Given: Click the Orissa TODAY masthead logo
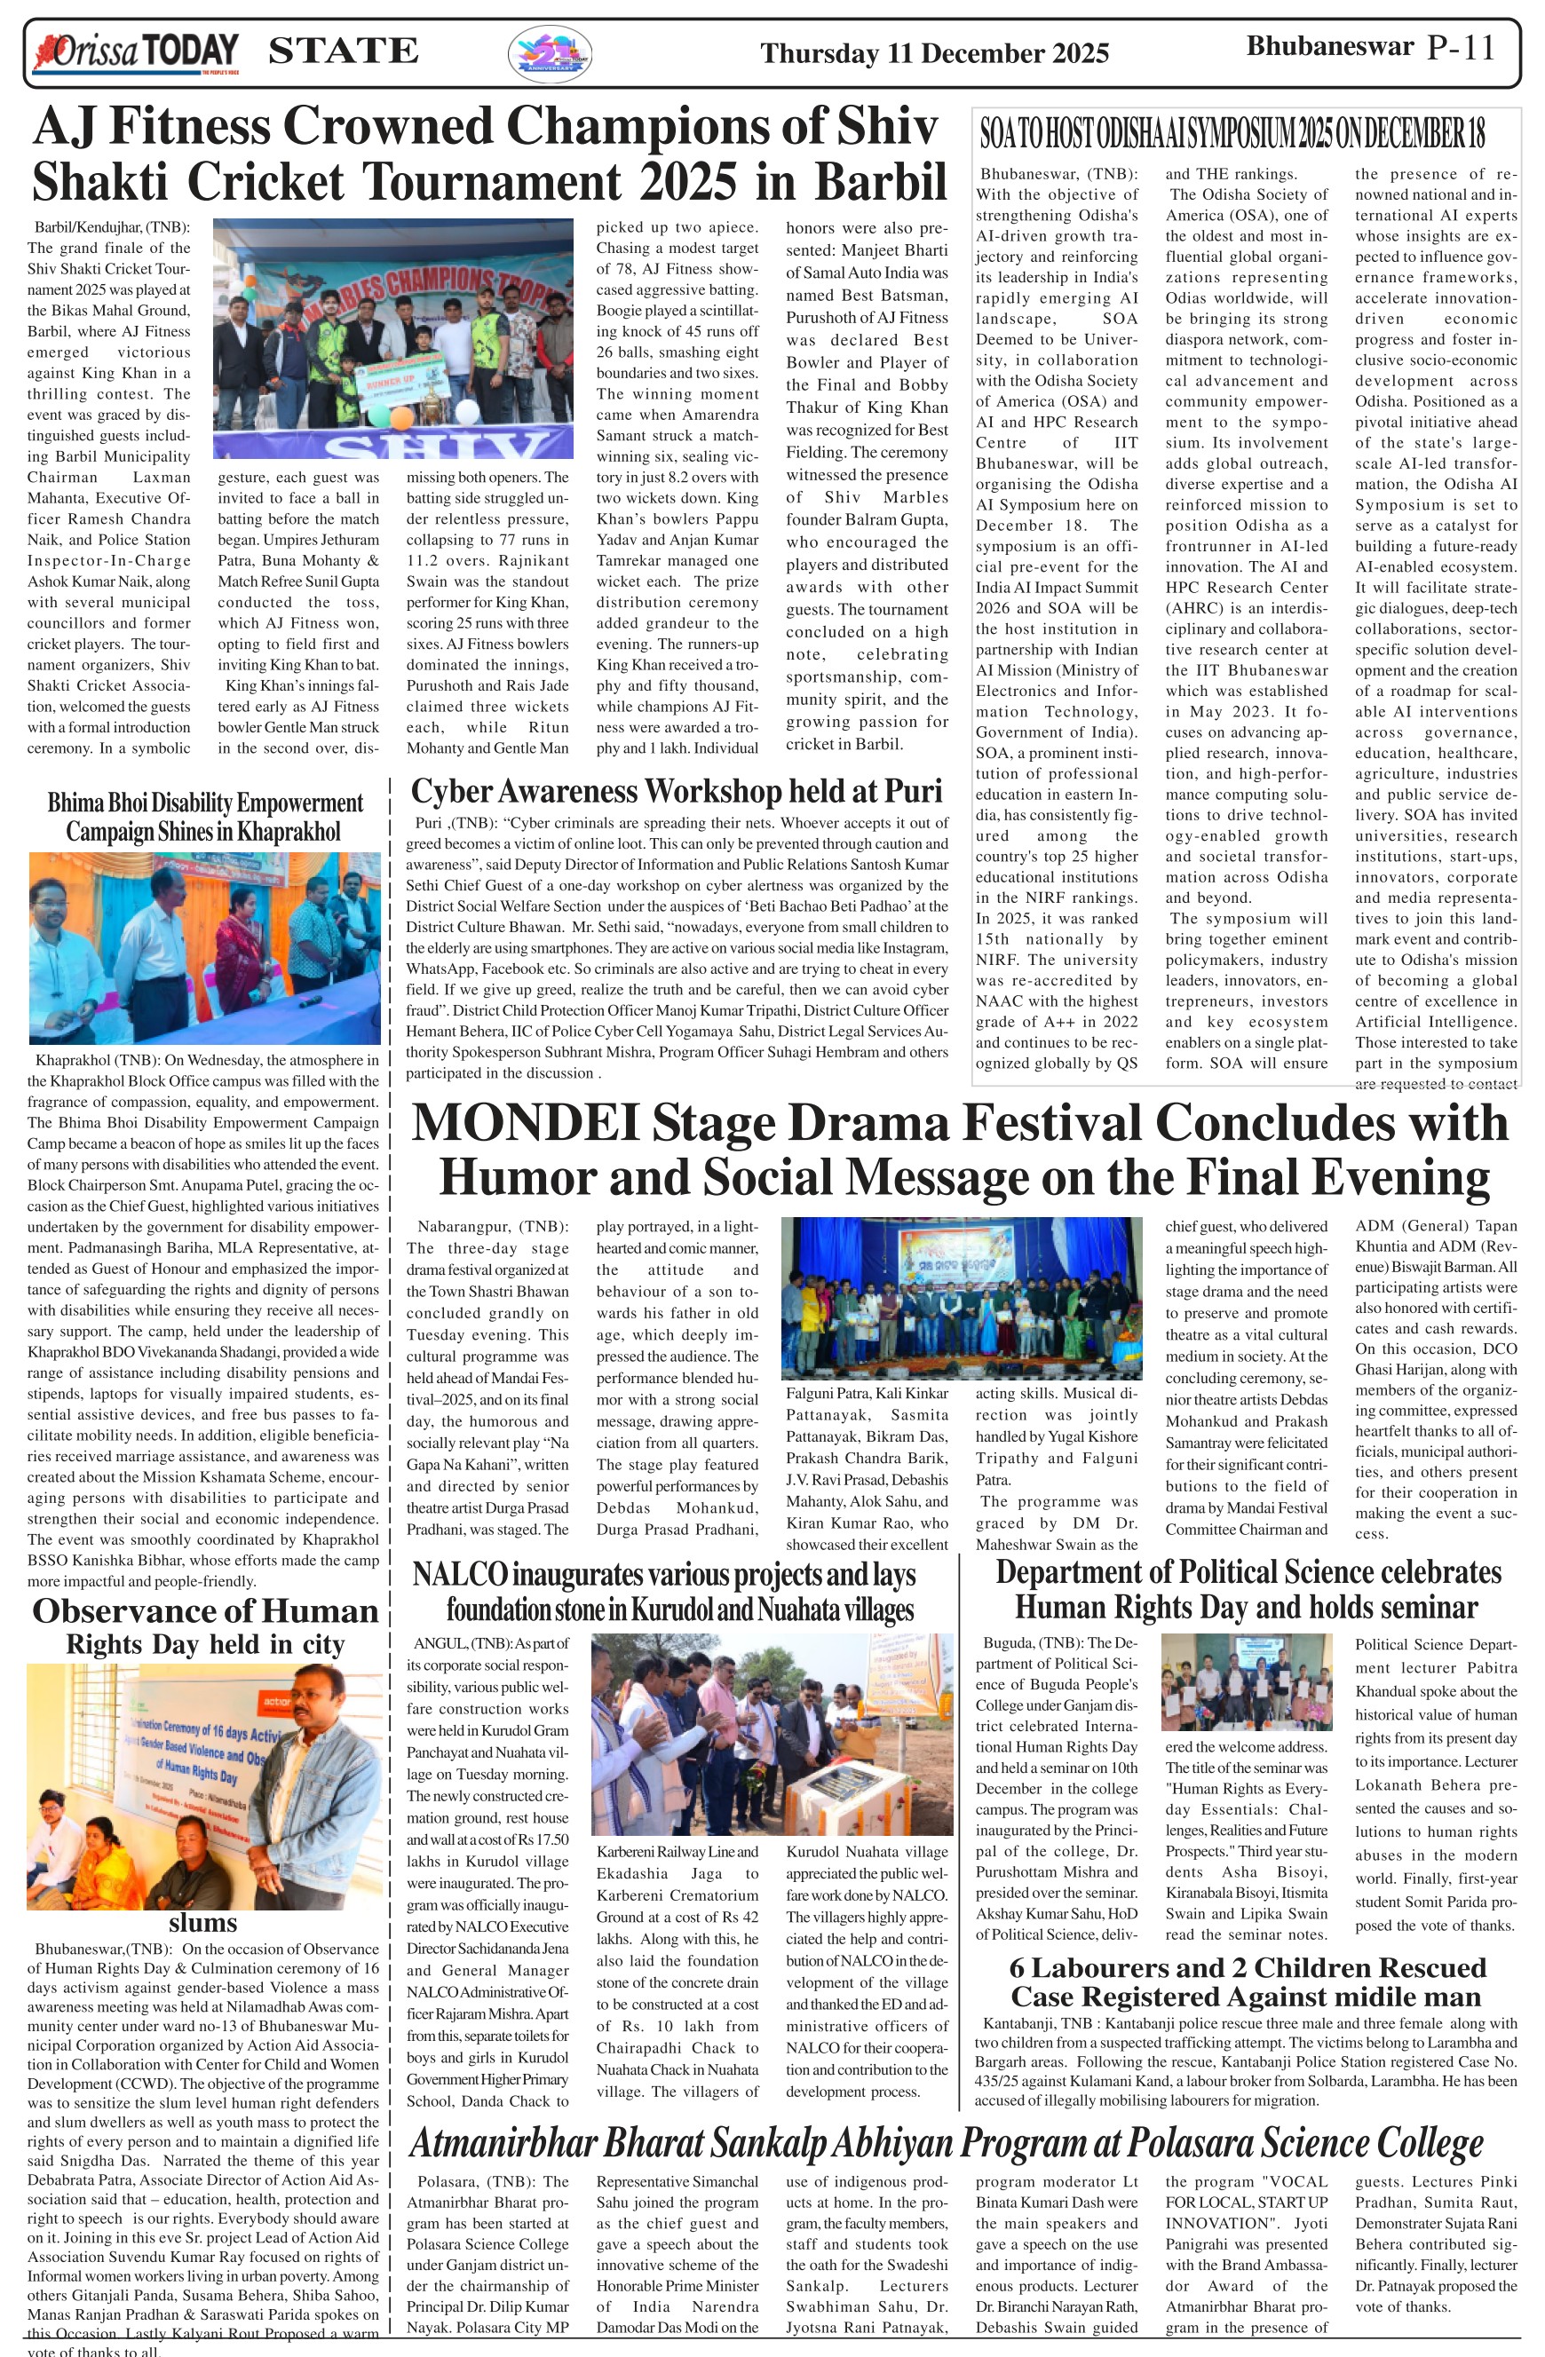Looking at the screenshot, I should pyautogui.click(x=136, y=52).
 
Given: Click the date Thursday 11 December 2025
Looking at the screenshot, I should pyautogui.click(x=934, y=53).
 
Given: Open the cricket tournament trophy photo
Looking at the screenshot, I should pyautogui.click(x=393, y=337).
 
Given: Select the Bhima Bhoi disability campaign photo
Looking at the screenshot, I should pyautogui.click(x=204, y=948).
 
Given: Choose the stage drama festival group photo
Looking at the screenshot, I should pyautogui.click(x=961, y=1297).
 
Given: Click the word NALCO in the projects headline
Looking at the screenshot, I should pyautogui.click(x=461, y=1575).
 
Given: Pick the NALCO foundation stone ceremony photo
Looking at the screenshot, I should pyautogui.click(x=772, y=1734).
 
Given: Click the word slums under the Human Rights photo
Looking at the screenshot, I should pyautogui.click(x=202, y=1923).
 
